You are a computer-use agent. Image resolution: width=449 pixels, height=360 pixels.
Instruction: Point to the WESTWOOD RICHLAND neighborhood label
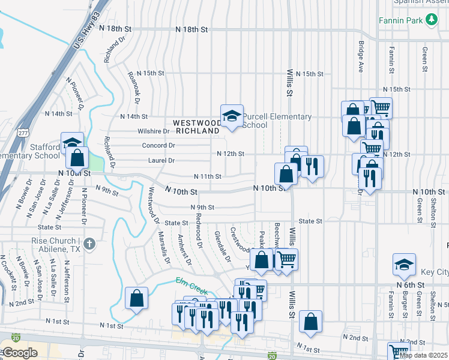point(197,127)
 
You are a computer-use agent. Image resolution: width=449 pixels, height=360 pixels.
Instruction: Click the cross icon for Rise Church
point(89,244)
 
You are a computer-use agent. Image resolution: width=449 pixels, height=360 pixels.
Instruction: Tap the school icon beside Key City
point(404,264)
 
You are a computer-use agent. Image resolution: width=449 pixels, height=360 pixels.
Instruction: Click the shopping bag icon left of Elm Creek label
point(136,298)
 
